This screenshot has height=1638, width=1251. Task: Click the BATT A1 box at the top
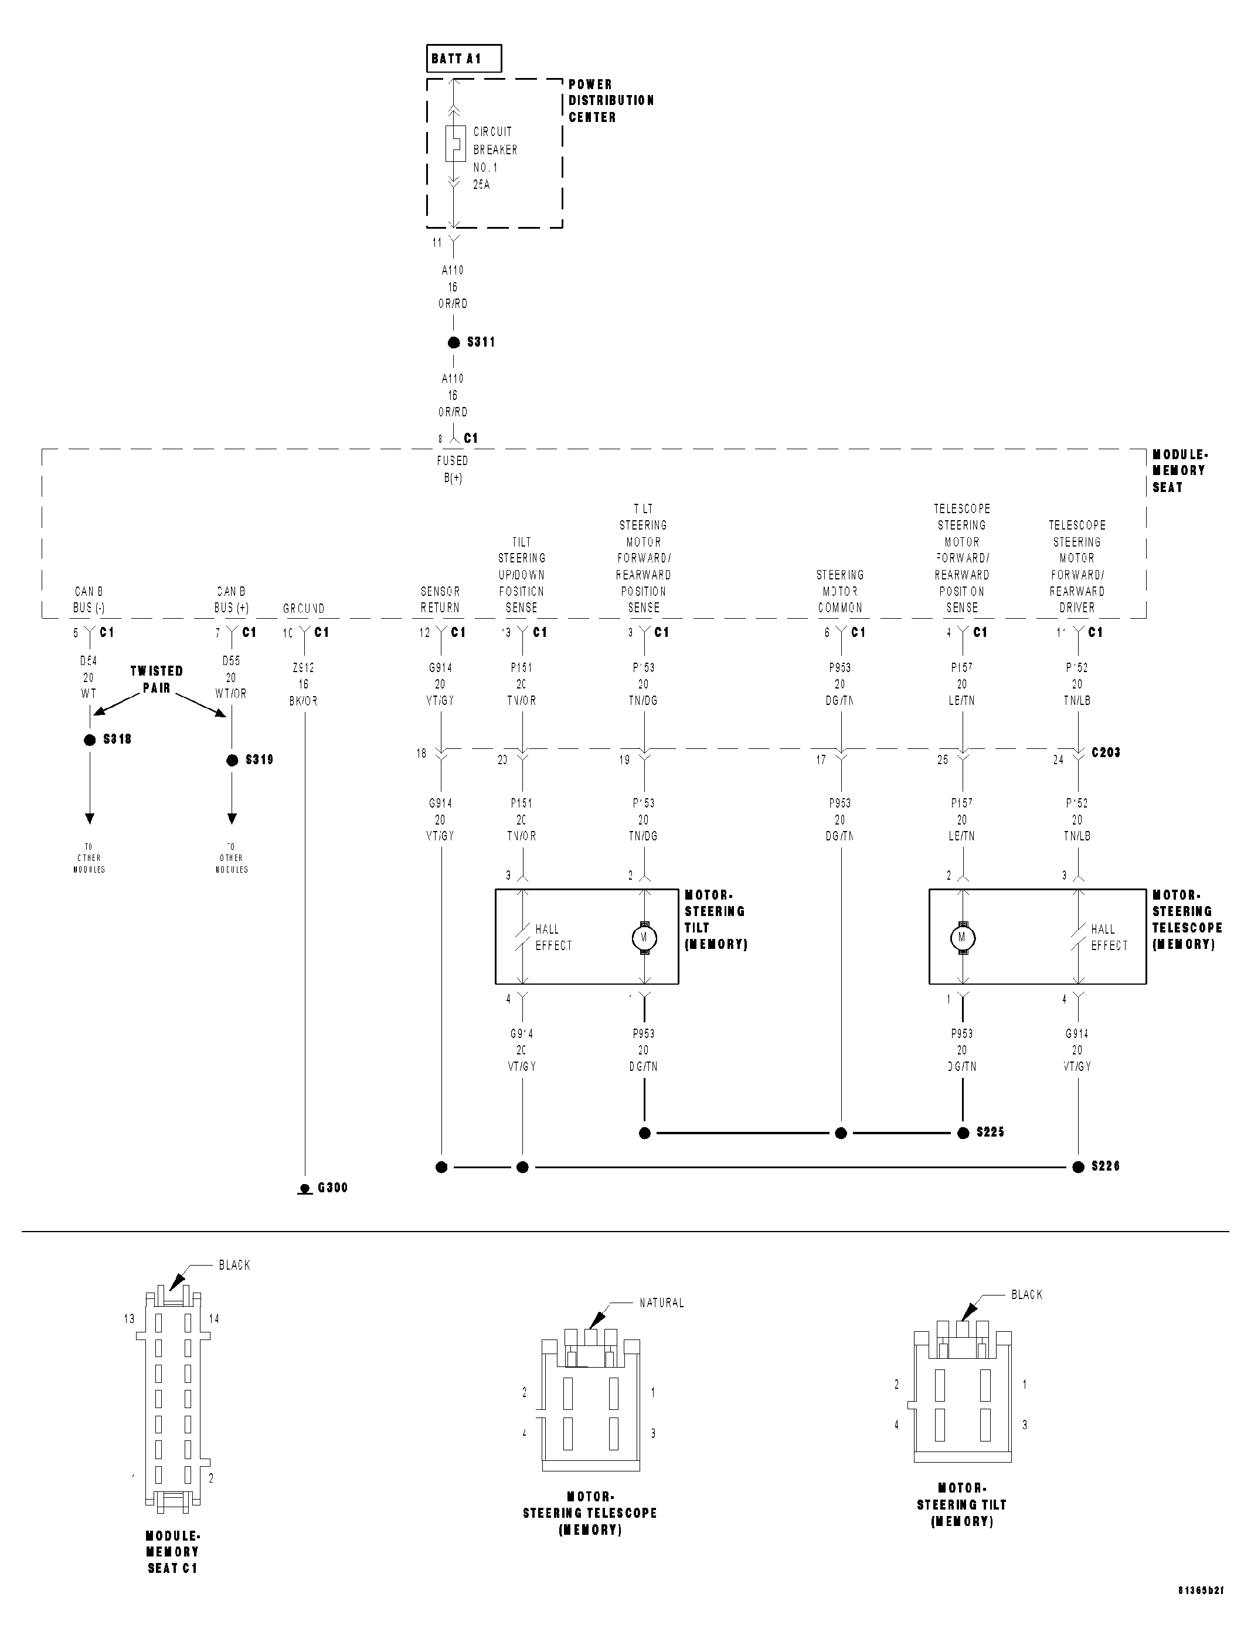point(464,59)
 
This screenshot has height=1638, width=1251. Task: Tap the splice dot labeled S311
point(454,342)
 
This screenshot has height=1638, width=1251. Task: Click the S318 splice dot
point(90,740)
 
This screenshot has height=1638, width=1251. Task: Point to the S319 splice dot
point(232,761)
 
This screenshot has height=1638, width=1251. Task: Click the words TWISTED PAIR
point(157,679)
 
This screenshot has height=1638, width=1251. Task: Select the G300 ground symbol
point(305,1188)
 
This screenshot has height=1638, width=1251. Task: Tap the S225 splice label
point(990,1132)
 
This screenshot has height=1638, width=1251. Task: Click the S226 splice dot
point(1078,1167)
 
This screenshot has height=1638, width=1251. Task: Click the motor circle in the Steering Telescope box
point(963,937)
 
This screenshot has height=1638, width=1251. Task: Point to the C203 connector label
point(1106,752)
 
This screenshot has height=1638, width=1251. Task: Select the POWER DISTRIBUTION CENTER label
point(611,100)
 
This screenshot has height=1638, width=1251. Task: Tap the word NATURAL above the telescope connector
point(661,1303)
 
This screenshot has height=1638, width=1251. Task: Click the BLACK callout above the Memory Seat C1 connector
point(234,1265)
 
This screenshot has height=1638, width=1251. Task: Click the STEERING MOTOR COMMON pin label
point(840,591)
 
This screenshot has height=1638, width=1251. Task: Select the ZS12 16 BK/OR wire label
point(303,684)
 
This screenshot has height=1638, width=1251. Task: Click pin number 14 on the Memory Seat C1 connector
point(214,1319)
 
